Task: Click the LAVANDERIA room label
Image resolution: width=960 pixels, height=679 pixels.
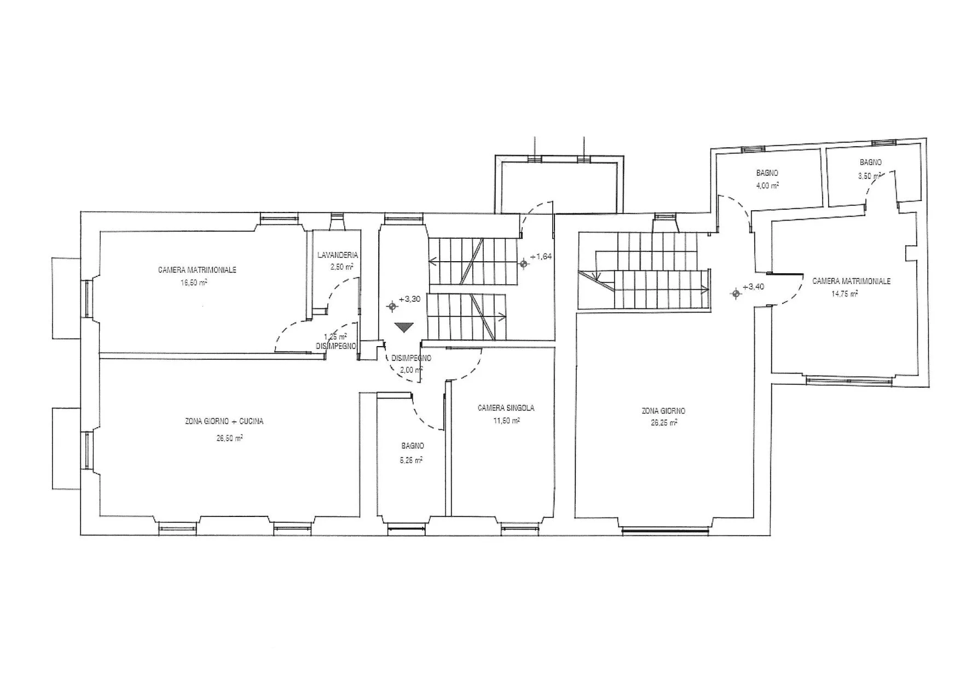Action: (338, 255)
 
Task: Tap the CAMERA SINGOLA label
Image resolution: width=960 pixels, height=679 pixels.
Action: (506, 408)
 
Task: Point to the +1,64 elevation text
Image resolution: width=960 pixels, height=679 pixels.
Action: (541, 256)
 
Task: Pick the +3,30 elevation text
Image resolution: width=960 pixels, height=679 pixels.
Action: (409, 299)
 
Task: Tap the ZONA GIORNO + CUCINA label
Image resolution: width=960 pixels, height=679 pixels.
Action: (224, 422)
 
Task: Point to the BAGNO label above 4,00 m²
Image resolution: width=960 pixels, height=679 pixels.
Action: (767, 173)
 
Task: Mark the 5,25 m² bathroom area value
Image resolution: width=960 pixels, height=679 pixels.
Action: (412, 461)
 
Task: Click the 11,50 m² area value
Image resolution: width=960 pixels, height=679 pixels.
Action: (506, 420)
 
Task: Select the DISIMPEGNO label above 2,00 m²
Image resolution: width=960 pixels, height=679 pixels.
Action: (412, 358)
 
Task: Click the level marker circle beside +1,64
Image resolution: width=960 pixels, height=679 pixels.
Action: (524, 264)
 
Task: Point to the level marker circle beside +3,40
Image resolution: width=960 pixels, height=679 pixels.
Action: (736, 294)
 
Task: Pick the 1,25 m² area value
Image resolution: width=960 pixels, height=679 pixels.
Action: (336, 337)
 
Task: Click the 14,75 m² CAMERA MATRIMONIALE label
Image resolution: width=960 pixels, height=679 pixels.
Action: (851, 281)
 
